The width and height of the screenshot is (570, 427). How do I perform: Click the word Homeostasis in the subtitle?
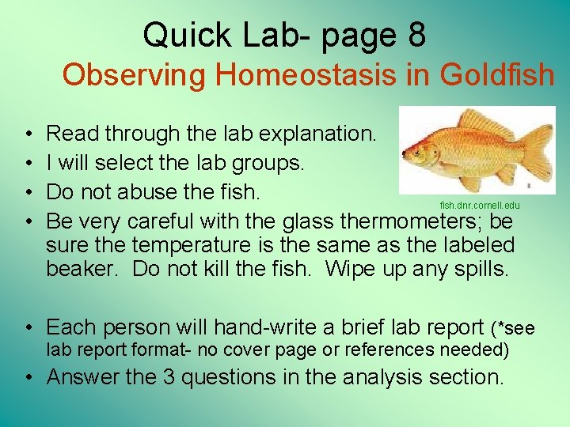306,75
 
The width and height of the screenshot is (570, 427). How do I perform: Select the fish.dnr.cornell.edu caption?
480,206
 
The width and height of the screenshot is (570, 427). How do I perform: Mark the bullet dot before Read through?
28,134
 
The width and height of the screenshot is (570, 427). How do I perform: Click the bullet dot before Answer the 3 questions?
28,377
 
